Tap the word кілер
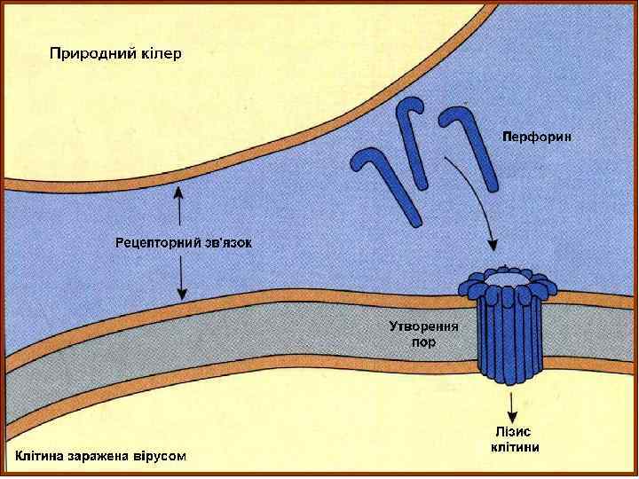coord(161,54)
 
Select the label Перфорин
coord(537,137)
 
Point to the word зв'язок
coord(227,241)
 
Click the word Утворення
coord(423,326)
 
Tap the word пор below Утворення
coord(424,342)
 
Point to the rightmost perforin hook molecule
coord(474,146)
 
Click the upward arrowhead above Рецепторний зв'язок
coord(181,191)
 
